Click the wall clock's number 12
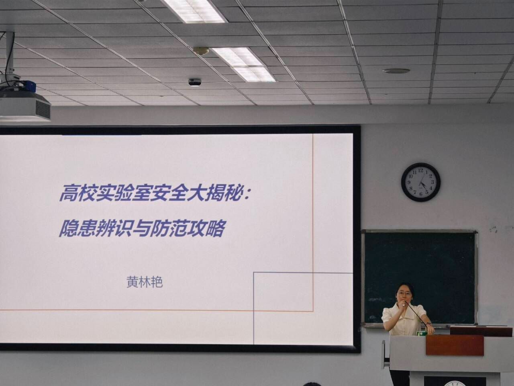(x=421, y=170)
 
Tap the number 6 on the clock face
(x=420, y=194)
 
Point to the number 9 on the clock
(x=409, y=182)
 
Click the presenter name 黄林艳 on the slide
(x=145, y=282)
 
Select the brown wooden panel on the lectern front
(x=455, y=345)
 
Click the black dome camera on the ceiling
(x=195, y=82)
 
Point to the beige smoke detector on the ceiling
(x=201, y=51)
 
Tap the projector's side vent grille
(x=43, y=109)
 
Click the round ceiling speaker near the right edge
(x=396, y=71)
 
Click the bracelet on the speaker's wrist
(x=428, y=324)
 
